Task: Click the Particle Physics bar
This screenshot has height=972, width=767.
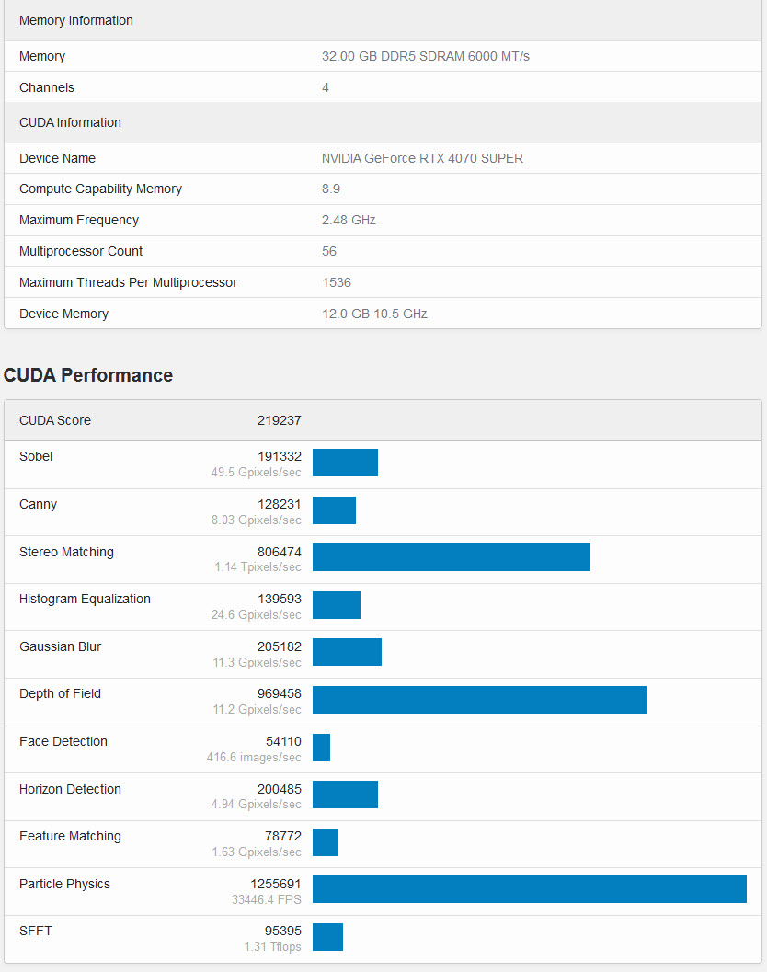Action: click(x=529, y=889)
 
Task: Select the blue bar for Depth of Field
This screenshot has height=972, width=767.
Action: click(x=479, y=700)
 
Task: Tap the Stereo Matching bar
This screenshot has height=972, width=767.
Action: click(x=451, y=557)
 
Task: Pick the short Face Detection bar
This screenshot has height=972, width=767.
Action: click(x=321, y=747)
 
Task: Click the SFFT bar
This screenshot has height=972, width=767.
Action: click(x=327, y=937)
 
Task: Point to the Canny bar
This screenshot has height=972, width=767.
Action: click(x=334, y=509)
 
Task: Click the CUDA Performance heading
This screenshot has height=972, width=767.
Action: click(x=88, y=375)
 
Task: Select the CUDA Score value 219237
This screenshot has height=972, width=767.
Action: click(x=279, y=420)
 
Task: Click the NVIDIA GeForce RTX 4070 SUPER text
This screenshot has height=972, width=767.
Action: click(x=422, y=158)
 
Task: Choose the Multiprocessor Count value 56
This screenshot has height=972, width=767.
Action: click(x=329, y=251)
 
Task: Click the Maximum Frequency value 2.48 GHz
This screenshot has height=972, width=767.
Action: click(x=349, y=220)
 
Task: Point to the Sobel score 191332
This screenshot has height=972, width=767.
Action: click(x=279, y=456)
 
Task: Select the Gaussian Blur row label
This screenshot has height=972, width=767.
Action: click(x=60, y=646)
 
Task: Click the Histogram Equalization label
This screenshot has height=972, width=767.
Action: click(x=85, y=599)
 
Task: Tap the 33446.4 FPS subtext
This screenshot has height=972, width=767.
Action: click(x=267, y=899)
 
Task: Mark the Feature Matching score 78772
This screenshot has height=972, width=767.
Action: click(x=282, y=836)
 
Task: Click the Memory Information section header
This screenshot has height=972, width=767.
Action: click(x=76, y=20)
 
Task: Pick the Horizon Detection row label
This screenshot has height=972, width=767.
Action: click(x=70, y=789)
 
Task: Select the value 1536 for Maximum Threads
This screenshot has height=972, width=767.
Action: click(x=337, y=282)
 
